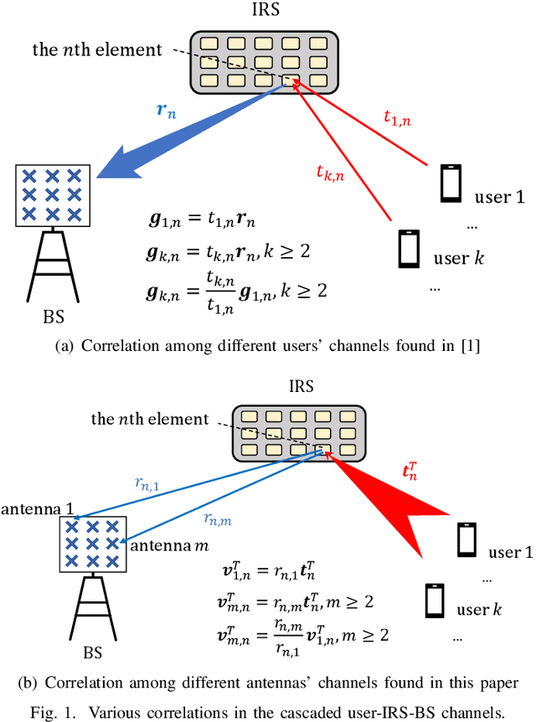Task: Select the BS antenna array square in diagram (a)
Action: tap(52, 195)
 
